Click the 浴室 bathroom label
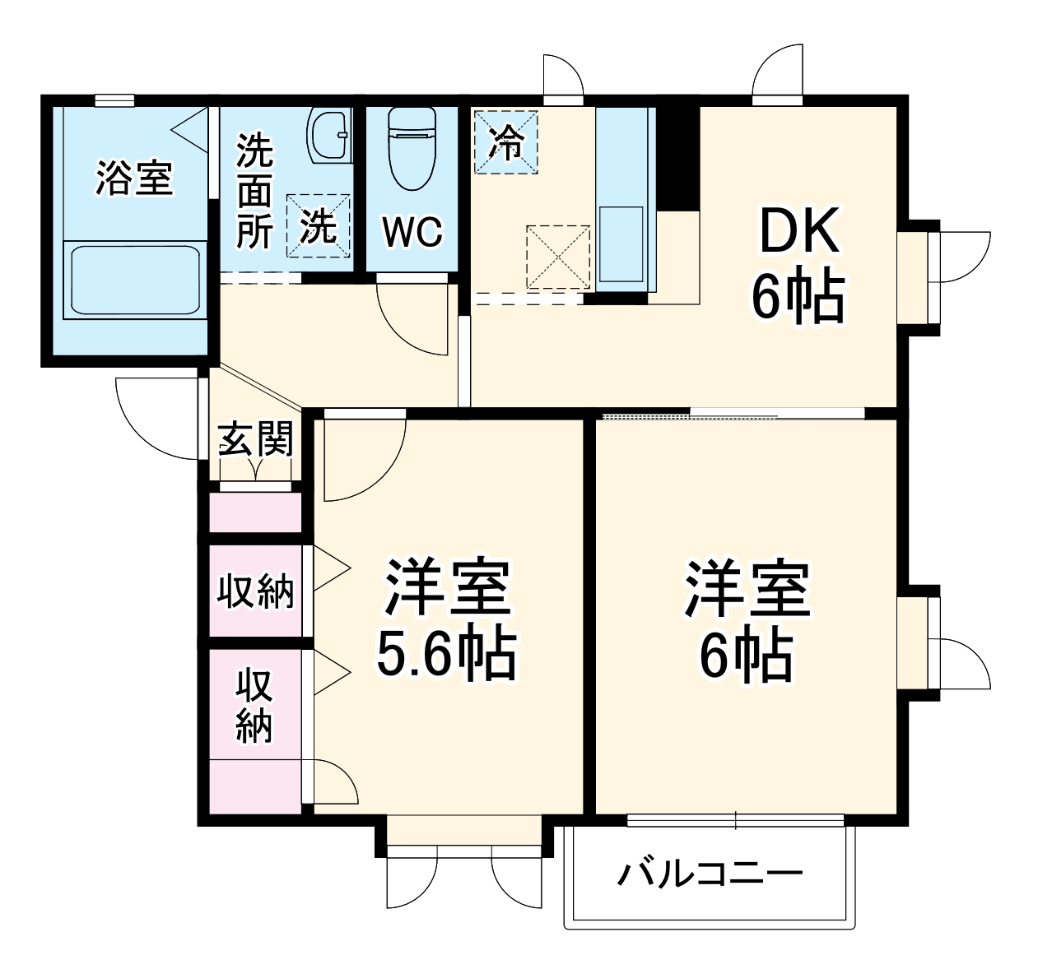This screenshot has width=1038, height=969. pyautogui.click(x=133, y=178)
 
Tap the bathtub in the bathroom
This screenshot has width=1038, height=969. pyautogui.click(x=134, y=280)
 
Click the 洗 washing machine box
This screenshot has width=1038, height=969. pyautogui.click(x=318, y=225)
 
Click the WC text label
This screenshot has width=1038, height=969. pyautogui.click(x=412, y=232)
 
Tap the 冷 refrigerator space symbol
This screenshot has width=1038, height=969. pyautogui.click(x=505, y=142)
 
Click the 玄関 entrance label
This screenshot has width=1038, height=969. pyautogui.click(x=255, y=439)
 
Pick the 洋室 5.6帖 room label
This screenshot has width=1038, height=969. pyautogui.click(x=447, y=619)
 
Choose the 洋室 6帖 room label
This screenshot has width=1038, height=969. pyautogui.click(x=746, y=619)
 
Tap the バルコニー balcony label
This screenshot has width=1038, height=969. pyautogui.click(x=710, y=874)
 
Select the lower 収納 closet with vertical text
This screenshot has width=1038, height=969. pyautogui.click(x=254, y=706)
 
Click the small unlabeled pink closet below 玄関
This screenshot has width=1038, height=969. pyautogui.click(x=255, y=512)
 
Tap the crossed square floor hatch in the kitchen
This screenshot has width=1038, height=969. pyautogui.click(x=558, y=257)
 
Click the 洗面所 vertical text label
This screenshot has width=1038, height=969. pyautogui.click(x=254, y=192)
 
